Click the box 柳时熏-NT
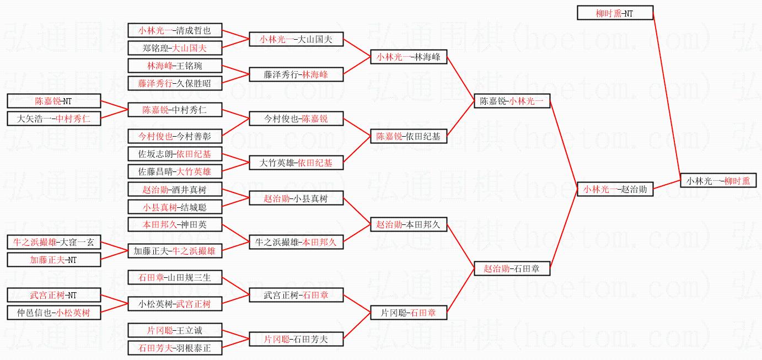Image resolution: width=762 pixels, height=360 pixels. point(615,13)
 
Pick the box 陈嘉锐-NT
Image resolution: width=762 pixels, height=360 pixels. point(53,101)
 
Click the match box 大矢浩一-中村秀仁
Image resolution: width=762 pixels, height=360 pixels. point(53,119)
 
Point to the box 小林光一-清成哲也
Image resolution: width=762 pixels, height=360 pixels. point(175,30)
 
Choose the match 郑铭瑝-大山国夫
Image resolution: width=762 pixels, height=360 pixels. point(175,48)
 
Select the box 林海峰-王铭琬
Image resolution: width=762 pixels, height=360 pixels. point(175,66)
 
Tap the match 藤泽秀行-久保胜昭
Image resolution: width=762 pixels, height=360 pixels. point(175,83)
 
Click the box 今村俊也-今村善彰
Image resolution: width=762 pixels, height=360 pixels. point(175,136)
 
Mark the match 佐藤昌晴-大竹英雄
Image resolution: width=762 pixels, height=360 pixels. point(175,171)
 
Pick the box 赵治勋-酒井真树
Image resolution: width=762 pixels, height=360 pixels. point(175,189)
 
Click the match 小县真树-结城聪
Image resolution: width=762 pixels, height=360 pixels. point(175,207)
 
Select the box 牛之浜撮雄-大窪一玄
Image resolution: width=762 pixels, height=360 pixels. point(53,242)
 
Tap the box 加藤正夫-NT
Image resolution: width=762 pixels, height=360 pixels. point(53,260)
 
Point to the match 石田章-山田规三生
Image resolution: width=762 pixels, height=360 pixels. point(175,277)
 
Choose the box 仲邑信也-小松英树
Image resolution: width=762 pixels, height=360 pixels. point(53,313)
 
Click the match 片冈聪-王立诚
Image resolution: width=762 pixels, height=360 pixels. point(175,330)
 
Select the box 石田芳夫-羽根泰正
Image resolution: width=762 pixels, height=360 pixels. point(175,348)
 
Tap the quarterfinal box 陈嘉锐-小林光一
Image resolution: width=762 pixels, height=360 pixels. point(512,101)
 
